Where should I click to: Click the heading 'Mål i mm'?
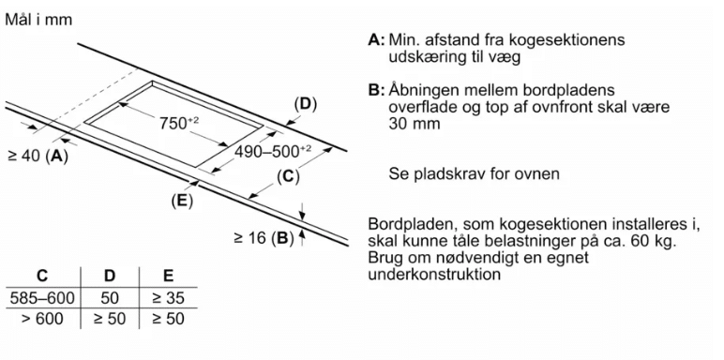click(38, 20)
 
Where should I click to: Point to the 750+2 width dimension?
click(179, 123)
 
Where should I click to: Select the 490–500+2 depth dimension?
click(273, 151)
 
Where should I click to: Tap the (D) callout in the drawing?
click(306, 105)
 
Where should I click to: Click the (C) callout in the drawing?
click(288, 177)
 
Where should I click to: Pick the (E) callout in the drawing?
click(181, 201)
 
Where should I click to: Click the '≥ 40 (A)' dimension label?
click(38, 156)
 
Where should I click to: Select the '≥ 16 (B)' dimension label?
click(264, 238)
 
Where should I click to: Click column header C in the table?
click(42, 276)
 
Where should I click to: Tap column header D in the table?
click(110, 276)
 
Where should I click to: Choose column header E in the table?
click(169, 276)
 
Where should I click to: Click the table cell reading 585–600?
click(41, 298)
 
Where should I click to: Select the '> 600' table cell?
click(42, 319)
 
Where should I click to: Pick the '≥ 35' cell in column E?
click(169, 298)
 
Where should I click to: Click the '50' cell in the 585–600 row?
click(110, 298)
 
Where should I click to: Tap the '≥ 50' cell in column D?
click(110, 319)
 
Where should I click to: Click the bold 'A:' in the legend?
click(376, 39)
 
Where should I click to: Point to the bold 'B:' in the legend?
click(376, 90)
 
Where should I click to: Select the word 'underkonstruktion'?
click(434, 274)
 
